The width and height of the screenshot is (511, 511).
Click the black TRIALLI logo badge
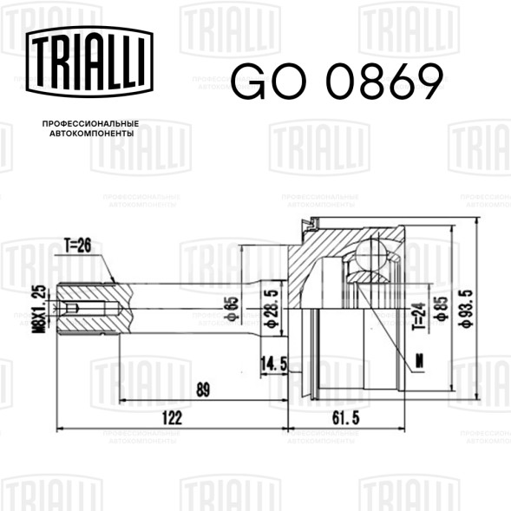tap(89, 62)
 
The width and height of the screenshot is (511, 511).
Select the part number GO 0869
tap(337, 82)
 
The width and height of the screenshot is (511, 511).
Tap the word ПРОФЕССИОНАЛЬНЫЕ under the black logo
tap(90, 124)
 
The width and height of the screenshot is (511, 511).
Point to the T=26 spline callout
tap(77, 246)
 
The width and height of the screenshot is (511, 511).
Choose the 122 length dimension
tap(172, 418)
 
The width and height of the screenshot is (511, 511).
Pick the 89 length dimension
tap(203, 390)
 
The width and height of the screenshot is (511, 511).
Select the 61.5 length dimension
tap(346, 418)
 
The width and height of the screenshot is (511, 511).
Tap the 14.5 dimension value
tap(274, 364)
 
